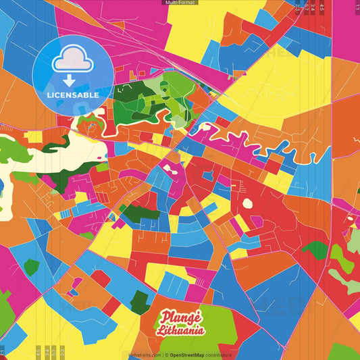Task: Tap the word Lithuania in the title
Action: click(x=181, y=332)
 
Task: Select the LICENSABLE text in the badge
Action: click(x=73, y=95)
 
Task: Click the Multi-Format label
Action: click(x=180, y=3)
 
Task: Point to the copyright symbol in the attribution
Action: click(x=166, y=355)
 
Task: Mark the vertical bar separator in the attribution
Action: click(x=163, y=355)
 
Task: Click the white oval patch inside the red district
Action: click(x=247, y=203)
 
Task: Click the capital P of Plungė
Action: click(x=164, y=317)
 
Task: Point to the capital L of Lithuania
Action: click(x=160, y=331)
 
